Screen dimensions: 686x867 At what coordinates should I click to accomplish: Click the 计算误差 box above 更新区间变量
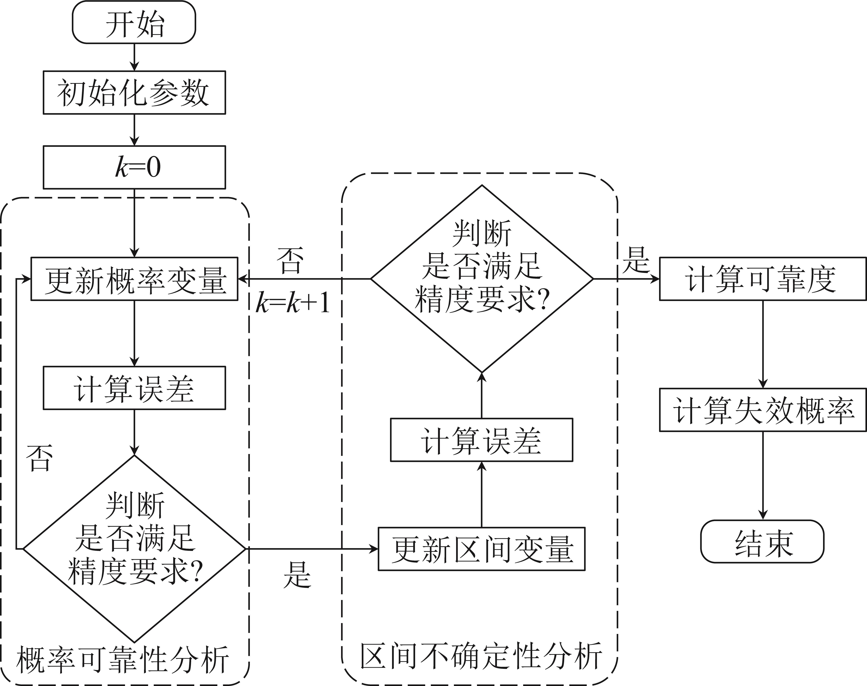(x=481, y=440)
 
